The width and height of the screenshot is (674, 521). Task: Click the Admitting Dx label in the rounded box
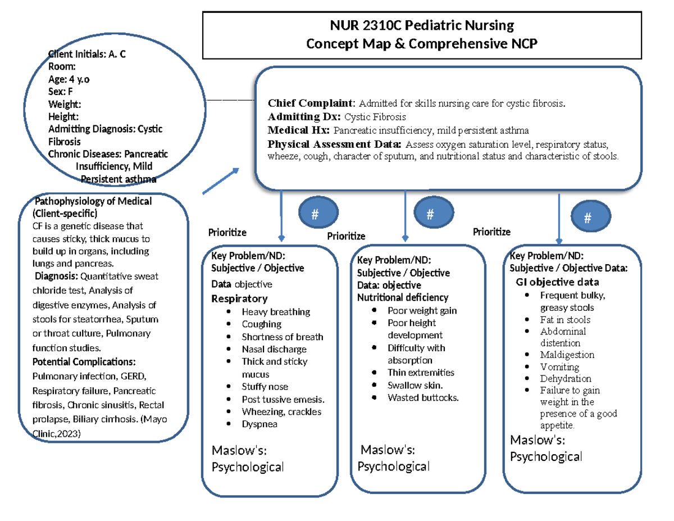(x=304, y=117)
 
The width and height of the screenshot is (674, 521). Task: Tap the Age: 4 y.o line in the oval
(x=69, y=79)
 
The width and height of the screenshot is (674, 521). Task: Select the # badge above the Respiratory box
(x=315, y=214)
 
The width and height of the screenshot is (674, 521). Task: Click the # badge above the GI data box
(x=588, y=218)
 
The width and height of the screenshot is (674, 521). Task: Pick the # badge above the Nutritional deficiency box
(x=430, y=214)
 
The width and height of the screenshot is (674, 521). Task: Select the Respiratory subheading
(x=239, y=298)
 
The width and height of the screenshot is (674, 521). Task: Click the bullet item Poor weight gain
(x=422, y=310)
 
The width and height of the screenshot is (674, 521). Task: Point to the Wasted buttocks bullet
(x=423, y=398)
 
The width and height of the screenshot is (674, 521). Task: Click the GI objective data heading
(x=557, y=282)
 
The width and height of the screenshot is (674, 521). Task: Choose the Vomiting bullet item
(x=559, y=367)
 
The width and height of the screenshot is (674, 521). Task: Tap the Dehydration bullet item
(x=566, y=379)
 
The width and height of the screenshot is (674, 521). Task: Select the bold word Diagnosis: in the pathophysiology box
(x=57, y=276)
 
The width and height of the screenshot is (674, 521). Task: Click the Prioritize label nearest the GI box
(x=491, y=232)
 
